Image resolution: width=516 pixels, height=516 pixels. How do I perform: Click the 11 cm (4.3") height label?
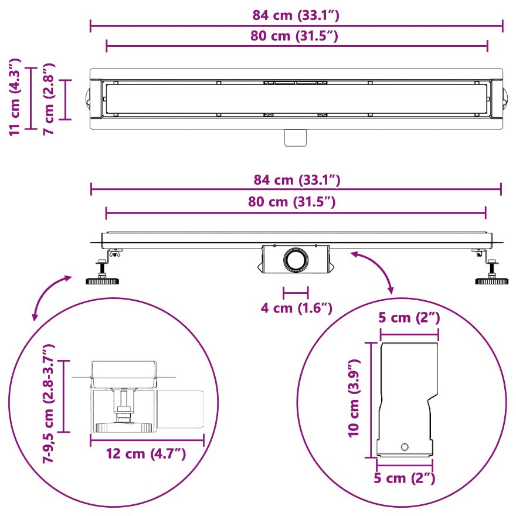15,97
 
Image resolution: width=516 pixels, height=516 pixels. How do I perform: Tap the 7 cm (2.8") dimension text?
48,99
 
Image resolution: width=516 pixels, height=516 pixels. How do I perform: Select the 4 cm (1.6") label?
297,308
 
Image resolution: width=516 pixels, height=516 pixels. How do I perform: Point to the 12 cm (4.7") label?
146,454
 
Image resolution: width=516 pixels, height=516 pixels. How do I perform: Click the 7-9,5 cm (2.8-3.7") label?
48,404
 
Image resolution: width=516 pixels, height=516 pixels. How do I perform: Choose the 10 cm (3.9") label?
354,399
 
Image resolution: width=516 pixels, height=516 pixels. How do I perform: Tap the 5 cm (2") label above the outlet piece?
409,318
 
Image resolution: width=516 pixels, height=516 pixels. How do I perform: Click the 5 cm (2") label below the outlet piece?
405,478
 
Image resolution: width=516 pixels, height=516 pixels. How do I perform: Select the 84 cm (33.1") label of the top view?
296,15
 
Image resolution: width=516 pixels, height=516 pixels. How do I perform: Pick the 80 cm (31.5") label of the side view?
292,202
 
